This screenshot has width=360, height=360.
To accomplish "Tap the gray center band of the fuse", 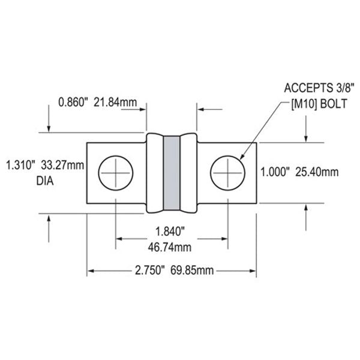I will (x=172, y=173).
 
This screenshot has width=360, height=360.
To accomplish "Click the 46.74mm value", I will (x=172, y=245).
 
